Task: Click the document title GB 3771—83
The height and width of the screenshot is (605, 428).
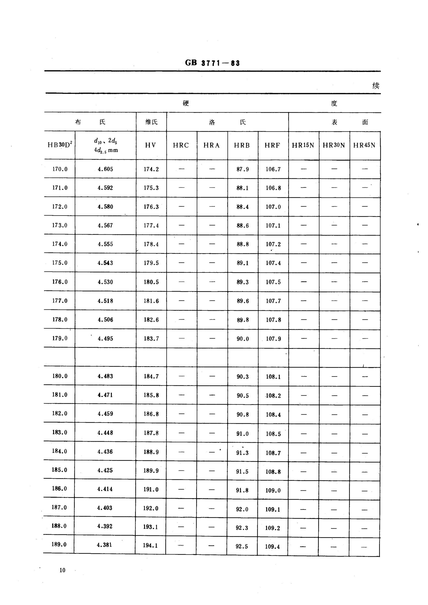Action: (x=212, y=63)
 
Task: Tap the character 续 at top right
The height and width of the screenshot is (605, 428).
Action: (x=376, y=86)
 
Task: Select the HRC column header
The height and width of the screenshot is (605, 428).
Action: (x=181, y=145)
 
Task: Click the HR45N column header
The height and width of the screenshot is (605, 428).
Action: (x=364, y=145)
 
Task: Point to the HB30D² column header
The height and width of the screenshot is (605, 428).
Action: (x=60, y=144)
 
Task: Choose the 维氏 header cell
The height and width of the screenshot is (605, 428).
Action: (x=152, y=122)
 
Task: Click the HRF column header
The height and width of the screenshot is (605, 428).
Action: (x=272, y=145)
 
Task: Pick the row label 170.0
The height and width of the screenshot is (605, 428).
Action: (x=60, y=169)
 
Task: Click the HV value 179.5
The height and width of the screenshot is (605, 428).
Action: (x=151, y=263)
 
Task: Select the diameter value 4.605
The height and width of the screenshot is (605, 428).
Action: (x=105, y=169)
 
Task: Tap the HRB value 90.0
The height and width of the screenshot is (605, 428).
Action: (x=243, y=339)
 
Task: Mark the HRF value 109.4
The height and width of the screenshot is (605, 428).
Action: (x=272, y=547)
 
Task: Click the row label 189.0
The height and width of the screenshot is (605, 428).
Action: (x=59, y=544)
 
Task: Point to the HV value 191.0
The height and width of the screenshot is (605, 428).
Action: (x=151, y=490)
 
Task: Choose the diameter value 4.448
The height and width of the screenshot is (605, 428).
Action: (x=105, y=433)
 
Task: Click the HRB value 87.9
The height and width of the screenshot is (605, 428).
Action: (x=243, y=169)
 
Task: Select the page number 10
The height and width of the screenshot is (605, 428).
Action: (x=62, y=570)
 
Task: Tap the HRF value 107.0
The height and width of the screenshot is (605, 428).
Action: (x=273, y=207)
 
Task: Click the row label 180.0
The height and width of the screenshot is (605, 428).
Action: (x=60, y=376)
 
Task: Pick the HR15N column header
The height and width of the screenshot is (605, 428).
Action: (x=303, y=145)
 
